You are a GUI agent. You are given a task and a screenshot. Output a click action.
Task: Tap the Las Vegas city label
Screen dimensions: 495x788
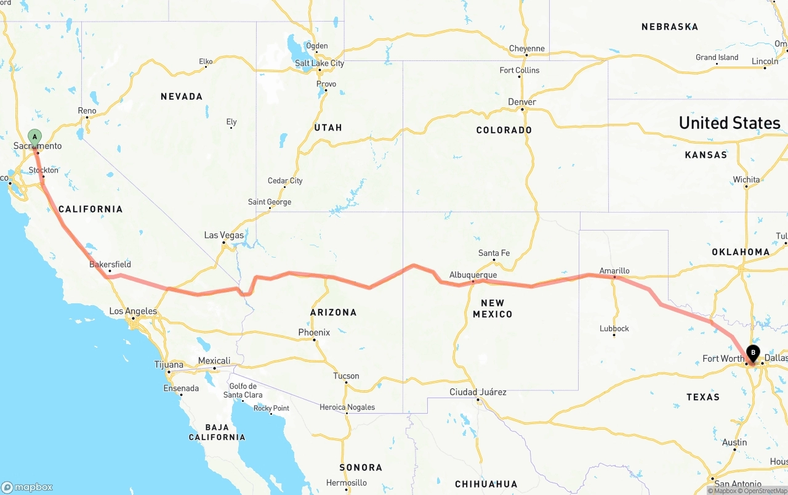point(224,235)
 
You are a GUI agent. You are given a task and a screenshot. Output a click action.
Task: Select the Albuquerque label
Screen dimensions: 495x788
point(473,275)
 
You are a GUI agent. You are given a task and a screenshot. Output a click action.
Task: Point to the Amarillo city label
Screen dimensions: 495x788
point(614,271)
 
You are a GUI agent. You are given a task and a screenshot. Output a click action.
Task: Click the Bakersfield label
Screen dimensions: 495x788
point(110,264)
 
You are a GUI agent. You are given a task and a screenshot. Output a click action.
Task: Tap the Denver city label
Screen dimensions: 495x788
point(522,102)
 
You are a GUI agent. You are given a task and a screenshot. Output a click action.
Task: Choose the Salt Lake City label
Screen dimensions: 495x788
point(320,63)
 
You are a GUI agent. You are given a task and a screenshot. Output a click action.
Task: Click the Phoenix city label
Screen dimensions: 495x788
point(314,332)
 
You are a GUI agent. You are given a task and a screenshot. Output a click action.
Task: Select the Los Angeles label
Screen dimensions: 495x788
point(133,311)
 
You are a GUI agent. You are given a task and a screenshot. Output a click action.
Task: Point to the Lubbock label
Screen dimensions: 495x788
point(614,329)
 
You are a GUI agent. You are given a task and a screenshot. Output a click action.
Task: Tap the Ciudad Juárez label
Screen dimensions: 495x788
point(478,392)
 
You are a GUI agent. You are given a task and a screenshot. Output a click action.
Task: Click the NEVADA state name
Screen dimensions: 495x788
point(182,96)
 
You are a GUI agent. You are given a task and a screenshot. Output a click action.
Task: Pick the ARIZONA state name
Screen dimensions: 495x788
point(333,313)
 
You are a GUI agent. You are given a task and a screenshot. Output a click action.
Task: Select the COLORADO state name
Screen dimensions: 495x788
point(504,130)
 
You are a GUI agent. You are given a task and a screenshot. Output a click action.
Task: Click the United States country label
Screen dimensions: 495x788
point(730,123)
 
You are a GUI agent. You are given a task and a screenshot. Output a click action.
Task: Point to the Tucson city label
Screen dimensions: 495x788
point(346,376)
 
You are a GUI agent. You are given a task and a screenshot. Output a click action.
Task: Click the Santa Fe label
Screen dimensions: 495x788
point(494,253)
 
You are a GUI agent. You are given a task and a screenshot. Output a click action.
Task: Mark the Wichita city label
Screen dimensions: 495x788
point(746,180)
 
